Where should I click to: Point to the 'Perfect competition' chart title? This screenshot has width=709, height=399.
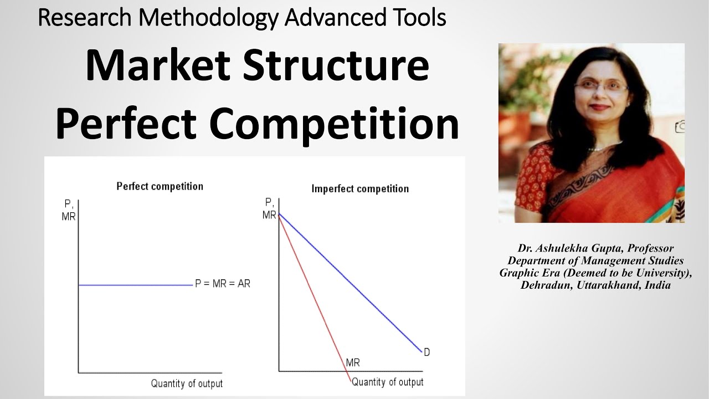160,186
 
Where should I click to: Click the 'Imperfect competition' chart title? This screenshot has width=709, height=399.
360,188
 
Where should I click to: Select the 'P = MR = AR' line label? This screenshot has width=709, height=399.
223,284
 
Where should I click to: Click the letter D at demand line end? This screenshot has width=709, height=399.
427,352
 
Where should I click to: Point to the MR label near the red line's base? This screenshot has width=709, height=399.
353,363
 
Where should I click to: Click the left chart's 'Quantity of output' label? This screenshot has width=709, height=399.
187,383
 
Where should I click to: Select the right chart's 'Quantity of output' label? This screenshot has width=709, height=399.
387,382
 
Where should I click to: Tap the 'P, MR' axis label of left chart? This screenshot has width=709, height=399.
69,210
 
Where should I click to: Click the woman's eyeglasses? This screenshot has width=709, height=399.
601,87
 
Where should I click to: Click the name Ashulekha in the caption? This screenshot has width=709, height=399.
563,248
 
